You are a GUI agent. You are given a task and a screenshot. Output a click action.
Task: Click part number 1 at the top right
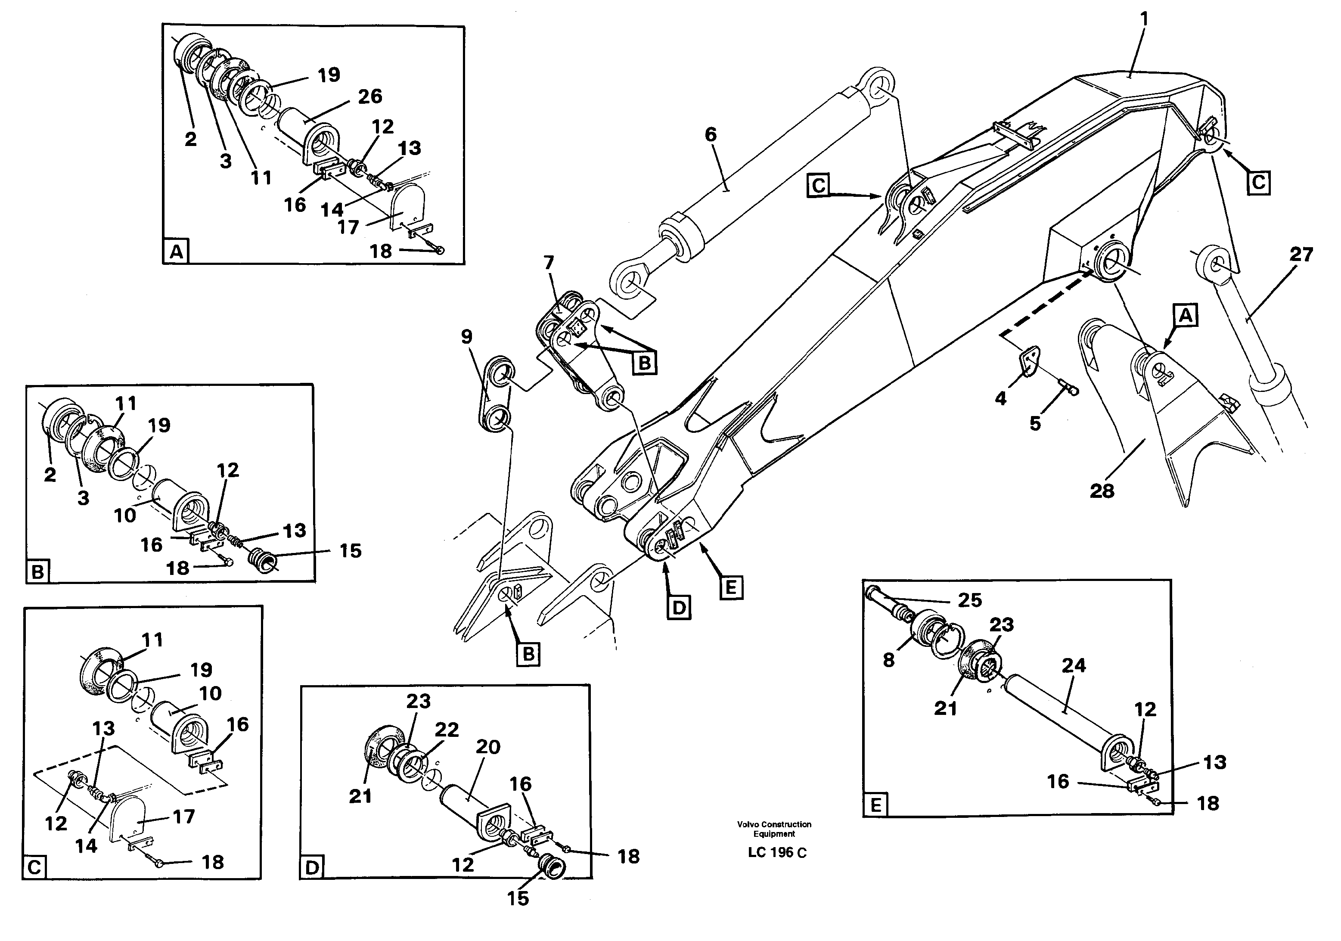coord(1144,20)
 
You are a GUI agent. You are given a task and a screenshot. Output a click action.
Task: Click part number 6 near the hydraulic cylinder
coord(710,135)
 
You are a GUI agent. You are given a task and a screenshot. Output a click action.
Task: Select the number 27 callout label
coord(1301,254)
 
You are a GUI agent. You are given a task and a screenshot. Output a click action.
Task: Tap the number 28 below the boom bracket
coord(1102,491)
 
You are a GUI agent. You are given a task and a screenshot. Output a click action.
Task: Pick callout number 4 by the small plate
coord(1000,398)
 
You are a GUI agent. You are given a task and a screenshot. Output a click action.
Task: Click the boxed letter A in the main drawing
coord(1185,316)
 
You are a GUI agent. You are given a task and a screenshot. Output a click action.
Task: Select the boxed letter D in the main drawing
coord(678,608)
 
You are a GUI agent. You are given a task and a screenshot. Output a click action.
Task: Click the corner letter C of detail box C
coord(34,867)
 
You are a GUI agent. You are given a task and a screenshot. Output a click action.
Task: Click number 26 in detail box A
coord(370,96)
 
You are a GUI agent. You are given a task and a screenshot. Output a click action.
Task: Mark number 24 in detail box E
coord(1074,665)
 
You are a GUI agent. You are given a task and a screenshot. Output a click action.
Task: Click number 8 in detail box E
coord(888,661)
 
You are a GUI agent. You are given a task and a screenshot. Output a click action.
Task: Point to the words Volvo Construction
coord(774,824)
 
